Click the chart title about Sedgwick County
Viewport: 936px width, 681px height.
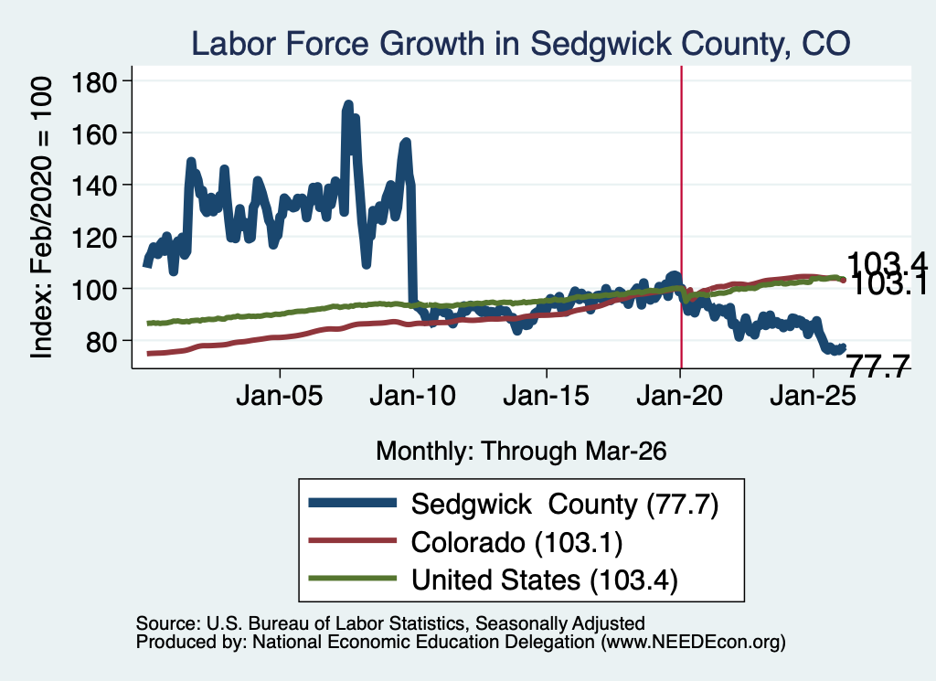(520, 44)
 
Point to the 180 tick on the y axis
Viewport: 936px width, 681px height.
(94, 81)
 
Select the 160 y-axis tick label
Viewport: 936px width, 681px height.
(94, 133)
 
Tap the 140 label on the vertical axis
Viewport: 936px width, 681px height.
(94, 186)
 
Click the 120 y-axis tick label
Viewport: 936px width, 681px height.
(94, 238)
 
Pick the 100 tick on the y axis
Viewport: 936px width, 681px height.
(94, 290)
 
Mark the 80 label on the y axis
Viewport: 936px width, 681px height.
(101, 341)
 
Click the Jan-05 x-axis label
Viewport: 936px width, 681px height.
(280, 396)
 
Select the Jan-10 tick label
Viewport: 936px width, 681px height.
(412, 396)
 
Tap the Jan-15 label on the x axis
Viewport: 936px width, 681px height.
(547, 396)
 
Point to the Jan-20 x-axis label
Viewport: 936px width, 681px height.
(680, 396)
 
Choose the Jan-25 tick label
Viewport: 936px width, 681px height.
(813, 396)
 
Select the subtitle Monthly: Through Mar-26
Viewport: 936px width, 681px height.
(521, 452)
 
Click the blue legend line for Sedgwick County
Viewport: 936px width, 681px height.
(352, 503)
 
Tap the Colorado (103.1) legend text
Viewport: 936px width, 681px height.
(517, 543)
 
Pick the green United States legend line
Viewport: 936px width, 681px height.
(352, 578)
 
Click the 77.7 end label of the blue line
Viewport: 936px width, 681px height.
(878, 366)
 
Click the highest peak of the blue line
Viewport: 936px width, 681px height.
(348, 105)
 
